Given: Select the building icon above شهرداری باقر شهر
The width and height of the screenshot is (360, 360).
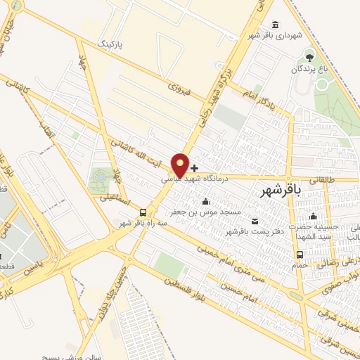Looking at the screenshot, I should pos(274,25).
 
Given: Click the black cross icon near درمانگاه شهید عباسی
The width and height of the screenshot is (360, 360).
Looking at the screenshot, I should pos(195,169).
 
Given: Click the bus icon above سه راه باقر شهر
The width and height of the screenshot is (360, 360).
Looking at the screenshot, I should pos(143,212).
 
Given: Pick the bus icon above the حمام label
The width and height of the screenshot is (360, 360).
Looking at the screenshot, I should pos(300,255).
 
